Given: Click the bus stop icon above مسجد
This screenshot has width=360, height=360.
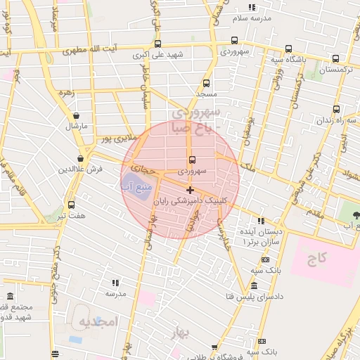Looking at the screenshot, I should coord(206,83).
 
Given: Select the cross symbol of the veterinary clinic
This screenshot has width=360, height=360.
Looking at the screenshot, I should coord(190,190).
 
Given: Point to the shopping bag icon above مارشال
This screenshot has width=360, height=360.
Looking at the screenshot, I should coord(76,116).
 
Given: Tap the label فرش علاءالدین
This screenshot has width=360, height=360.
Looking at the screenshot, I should coord(81,169).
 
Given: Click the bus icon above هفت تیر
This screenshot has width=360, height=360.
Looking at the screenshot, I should coord(71,205).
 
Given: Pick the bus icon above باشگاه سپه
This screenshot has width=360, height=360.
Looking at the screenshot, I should coord(288,49).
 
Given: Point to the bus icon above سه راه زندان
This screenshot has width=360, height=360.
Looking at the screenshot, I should coord(336,109).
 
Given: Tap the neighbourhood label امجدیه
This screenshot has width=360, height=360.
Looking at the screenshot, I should coord(96,323).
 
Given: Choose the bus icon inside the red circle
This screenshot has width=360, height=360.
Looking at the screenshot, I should coord(191,160).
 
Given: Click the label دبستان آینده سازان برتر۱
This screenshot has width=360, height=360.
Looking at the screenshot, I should coord(261,236).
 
